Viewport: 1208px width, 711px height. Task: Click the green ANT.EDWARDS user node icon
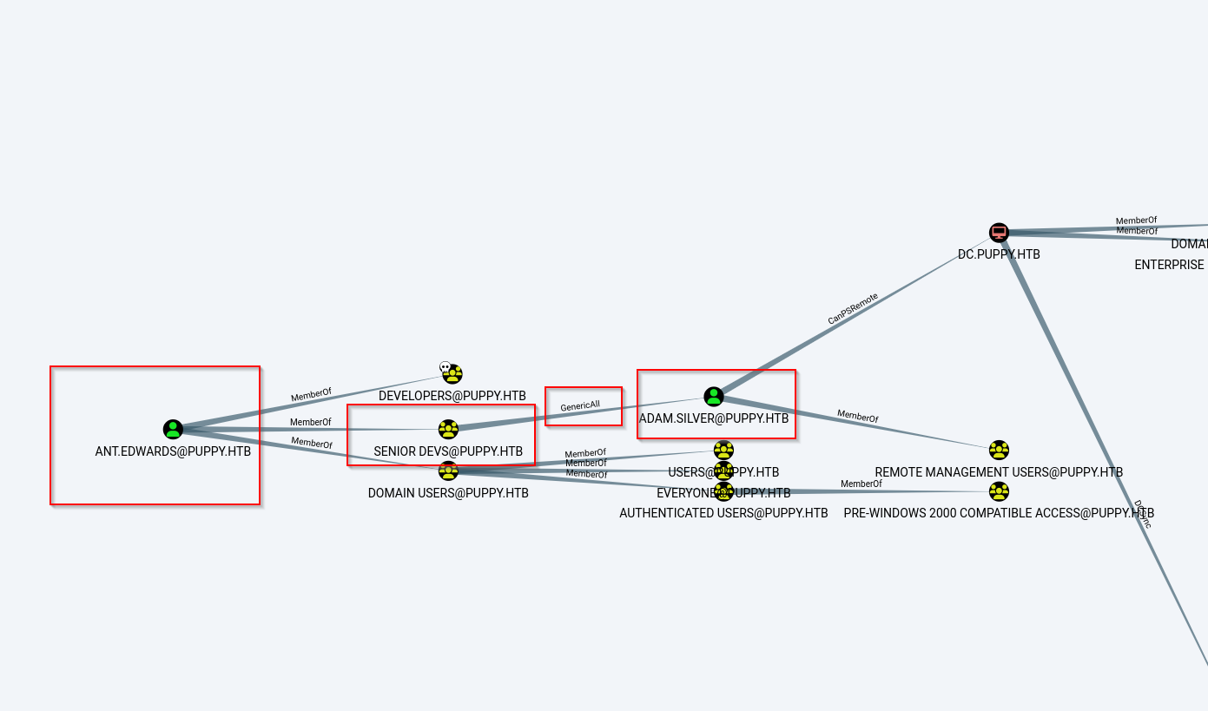click(173, 429)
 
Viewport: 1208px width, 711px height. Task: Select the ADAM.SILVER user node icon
click(714, 397)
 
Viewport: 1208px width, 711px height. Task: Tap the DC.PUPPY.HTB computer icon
click(999, 233)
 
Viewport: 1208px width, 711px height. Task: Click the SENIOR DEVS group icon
click(448, 429)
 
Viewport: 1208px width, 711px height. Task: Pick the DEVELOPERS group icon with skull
click(452, 374)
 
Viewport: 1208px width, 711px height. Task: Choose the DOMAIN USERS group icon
click(448, 471)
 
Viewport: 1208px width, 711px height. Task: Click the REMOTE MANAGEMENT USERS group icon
click(999, 450)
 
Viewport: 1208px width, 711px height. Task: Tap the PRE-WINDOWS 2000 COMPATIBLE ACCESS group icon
click(999, 491)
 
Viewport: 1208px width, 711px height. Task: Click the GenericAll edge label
click(580, 405)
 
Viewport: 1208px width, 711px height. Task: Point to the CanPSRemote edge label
click(853, 309)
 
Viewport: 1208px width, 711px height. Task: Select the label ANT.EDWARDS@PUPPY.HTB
click(173, 451)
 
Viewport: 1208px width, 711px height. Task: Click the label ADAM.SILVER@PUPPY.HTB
click(714, 418)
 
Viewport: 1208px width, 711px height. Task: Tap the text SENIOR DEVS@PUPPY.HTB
click(448, 451)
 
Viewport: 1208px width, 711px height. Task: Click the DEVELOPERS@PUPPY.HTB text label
click(452, 396)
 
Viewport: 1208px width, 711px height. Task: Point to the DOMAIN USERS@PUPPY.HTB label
click(448, 493)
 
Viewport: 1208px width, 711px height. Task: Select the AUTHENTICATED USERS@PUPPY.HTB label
click(723, 513)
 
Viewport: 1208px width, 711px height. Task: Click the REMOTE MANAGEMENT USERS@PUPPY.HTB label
click(999, 472)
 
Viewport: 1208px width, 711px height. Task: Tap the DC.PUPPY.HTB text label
click(999, 254)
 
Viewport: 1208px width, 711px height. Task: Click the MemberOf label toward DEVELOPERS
click(311, 394)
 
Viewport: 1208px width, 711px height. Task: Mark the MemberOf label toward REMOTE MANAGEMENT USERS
click(857, 417)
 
